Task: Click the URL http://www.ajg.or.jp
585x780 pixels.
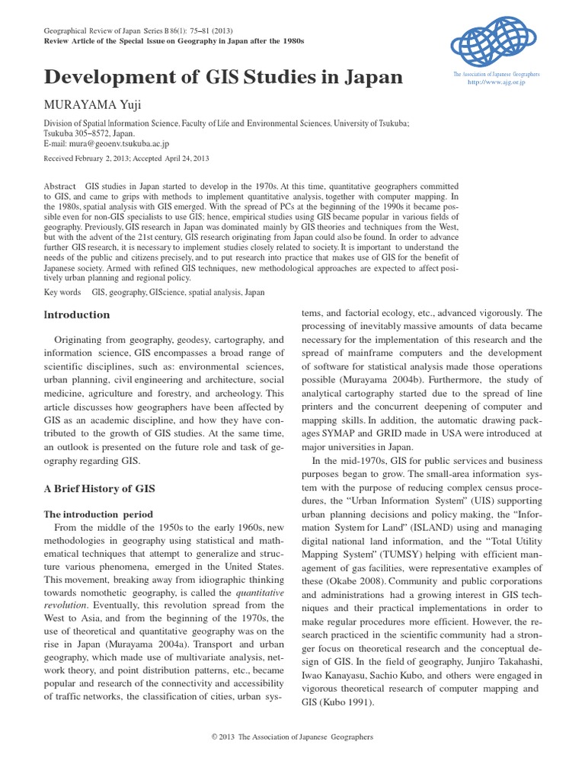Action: coord(496,82)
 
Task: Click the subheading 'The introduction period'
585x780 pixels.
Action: coord(98,514)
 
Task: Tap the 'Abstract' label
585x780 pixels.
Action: coord(59,186)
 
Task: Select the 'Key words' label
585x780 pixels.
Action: coord(62,292)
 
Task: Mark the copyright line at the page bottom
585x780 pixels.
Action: coord(292,737)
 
